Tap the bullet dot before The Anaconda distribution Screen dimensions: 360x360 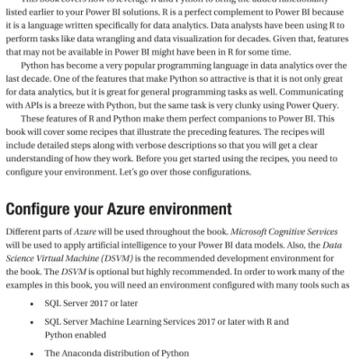coord(33,352)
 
